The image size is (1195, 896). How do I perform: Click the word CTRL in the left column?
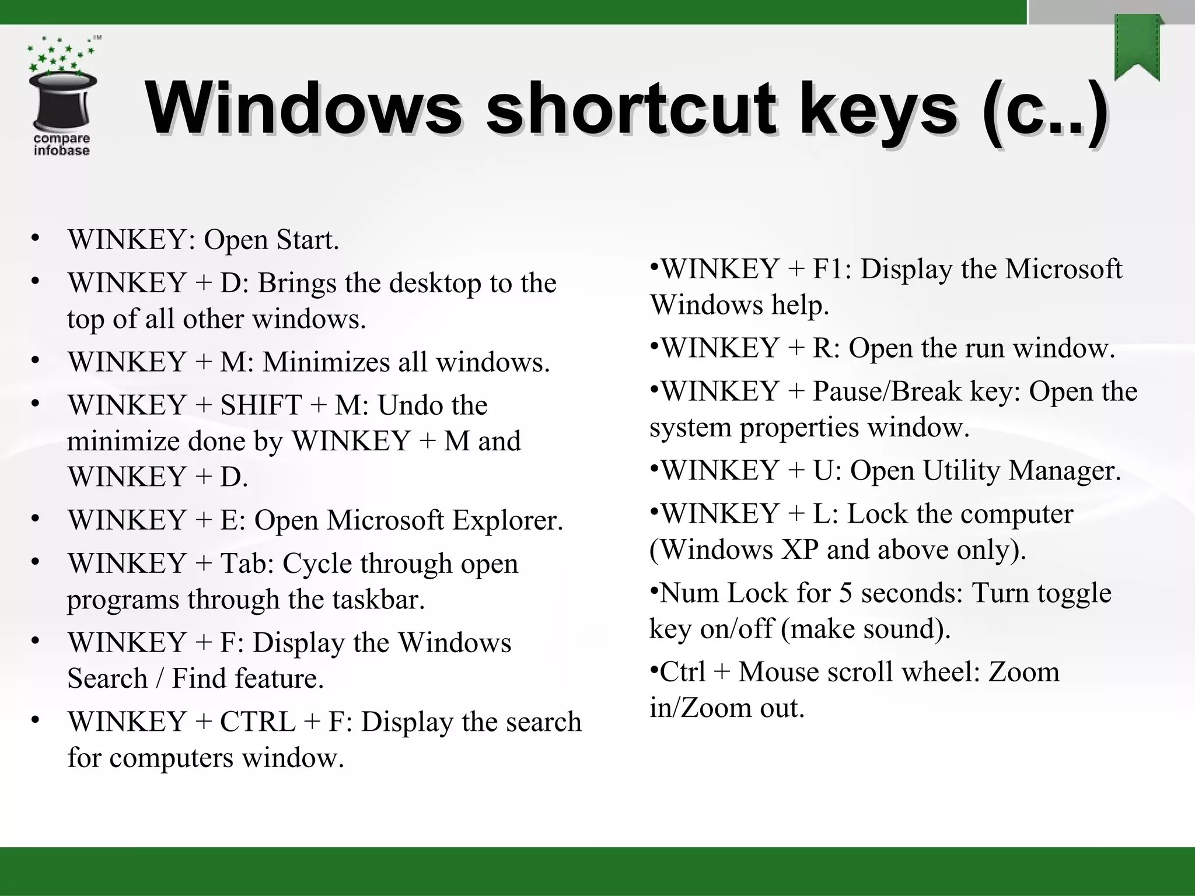[257, 722]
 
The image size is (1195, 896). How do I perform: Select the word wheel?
[940, 672]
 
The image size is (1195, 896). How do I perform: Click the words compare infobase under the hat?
[61, 145]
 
